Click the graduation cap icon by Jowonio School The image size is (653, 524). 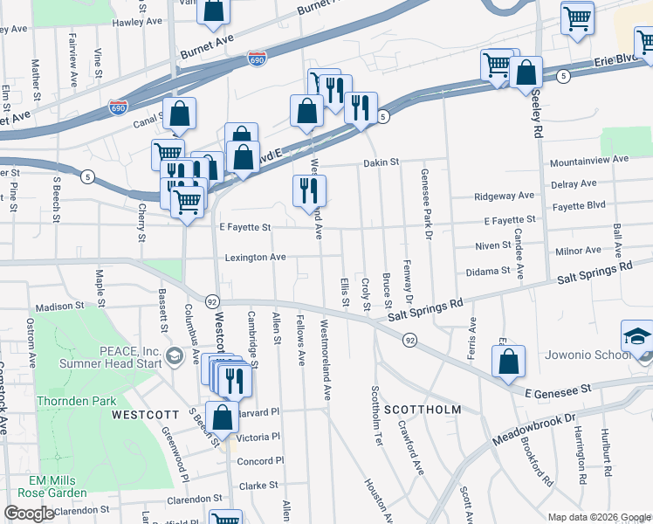point(636,337)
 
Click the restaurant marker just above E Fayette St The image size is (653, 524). point(308,192)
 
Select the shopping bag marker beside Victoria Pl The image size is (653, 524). point(222,418)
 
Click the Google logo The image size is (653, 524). point(29,514)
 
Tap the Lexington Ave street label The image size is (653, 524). point(255,258)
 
